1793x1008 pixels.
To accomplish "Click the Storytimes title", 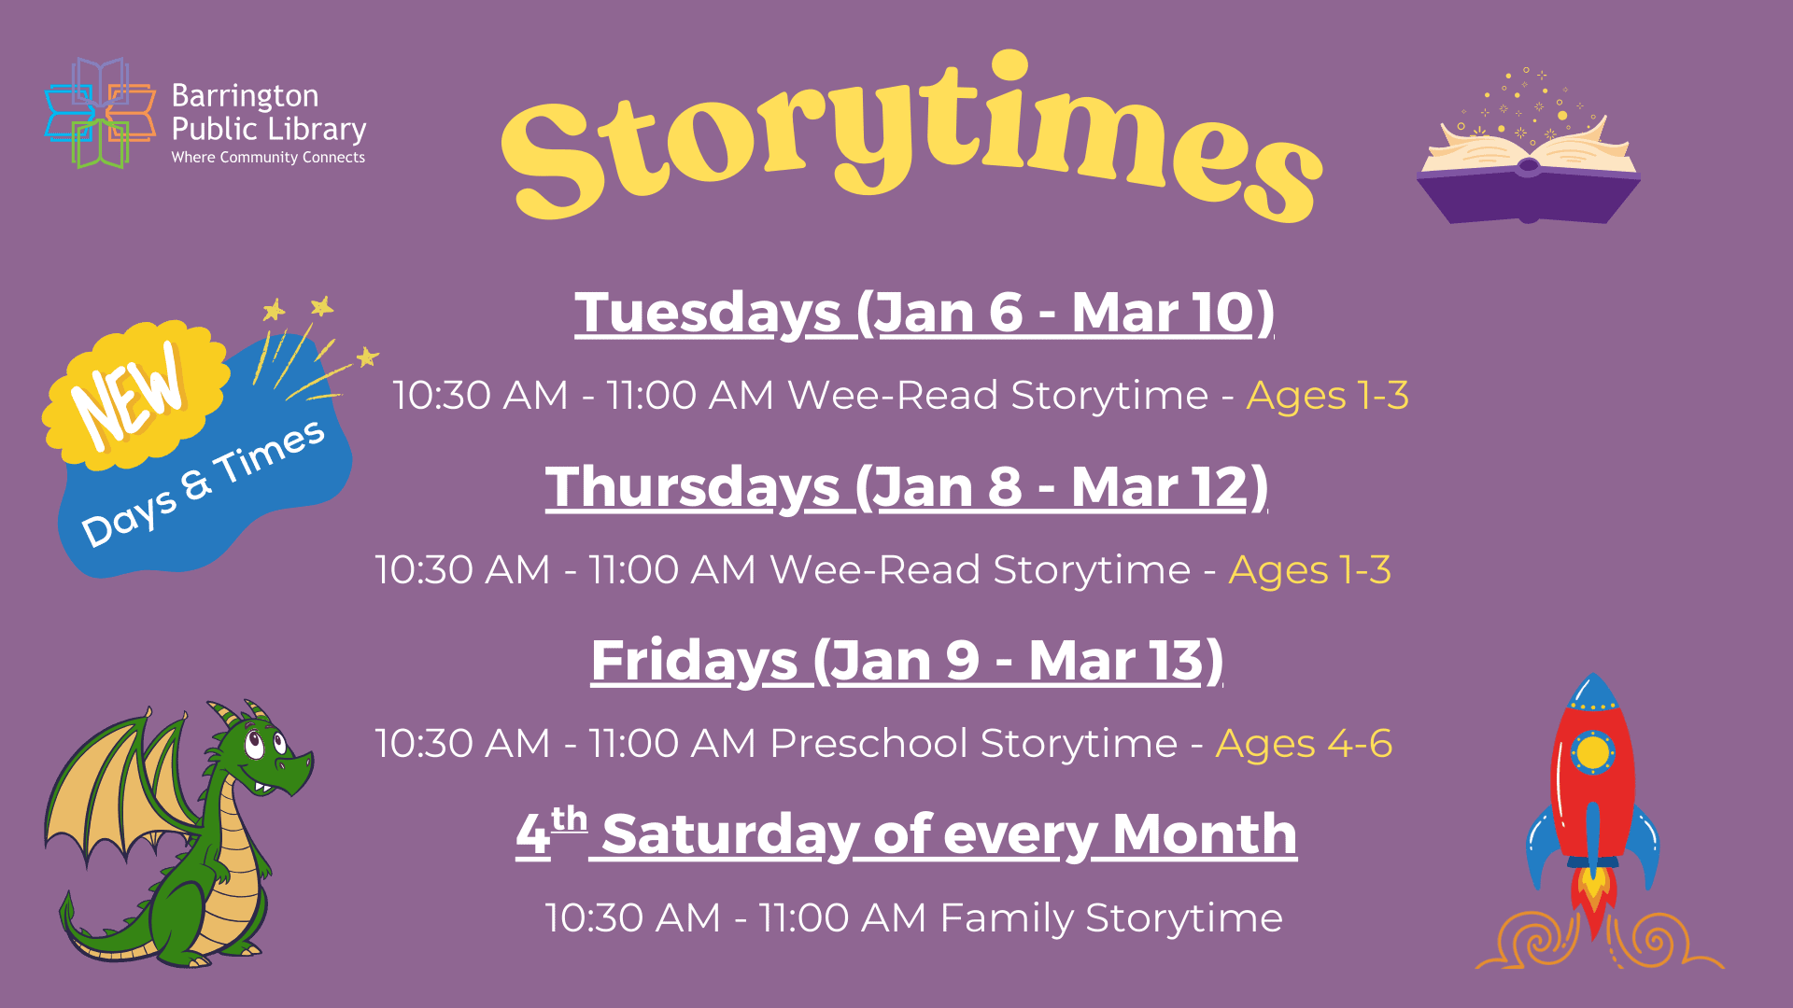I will click(x=911, y=140).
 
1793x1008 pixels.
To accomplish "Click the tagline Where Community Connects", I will click(x=268, y=158).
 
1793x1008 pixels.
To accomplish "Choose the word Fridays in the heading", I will click(x=694, y=661).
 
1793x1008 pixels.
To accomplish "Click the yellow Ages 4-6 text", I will click(x=1304, y=744).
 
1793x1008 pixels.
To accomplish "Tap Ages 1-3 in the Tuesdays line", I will click(x=1327, y=395).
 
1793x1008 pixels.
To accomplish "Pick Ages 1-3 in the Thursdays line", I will click(x=1309, y=569).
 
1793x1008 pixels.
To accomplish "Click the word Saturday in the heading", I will click(x=730, y=833).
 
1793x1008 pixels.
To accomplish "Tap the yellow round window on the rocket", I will click(x=1593, y=751).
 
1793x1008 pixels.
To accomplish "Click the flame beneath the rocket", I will click(x=1594, y=896).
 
